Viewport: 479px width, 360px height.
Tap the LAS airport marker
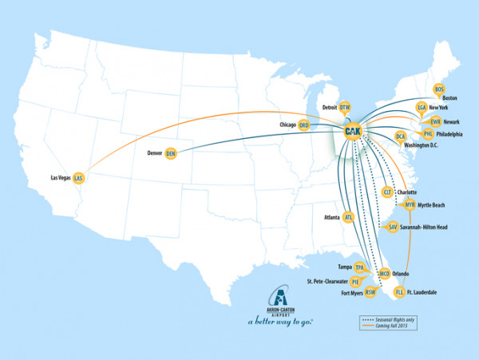78,179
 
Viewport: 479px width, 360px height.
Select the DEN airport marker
170,154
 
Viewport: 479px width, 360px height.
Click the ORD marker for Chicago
303,125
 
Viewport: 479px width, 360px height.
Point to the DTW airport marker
345,107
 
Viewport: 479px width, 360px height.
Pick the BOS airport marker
438,89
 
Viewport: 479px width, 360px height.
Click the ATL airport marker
348,216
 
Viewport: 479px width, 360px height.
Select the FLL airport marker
400,293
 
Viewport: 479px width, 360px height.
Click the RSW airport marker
370,293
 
